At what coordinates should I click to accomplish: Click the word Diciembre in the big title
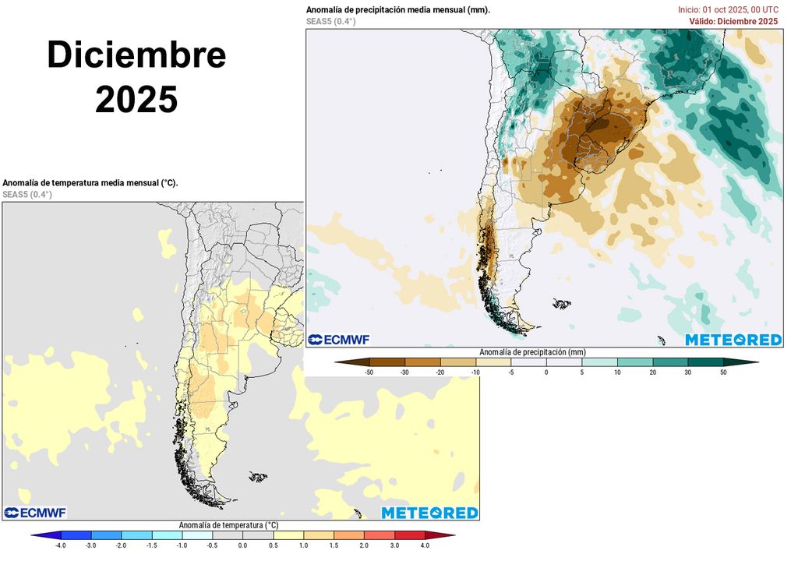[136, 55]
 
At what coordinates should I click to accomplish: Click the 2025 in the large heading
[136, 100]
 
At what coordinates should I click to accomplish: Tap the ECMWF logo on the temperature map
[35, 513]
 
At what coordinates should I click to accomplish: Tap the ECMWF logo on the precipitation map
[338, 340]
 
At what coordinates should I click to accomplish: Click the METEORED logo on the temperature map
[429, 513]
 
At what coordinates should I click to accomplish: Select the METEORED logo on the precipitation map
[733, 340]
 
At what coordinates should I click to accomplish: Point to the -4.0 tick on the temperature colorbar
[61, 545]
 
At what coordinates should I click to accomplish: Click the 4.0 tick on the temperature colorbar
[425, 545]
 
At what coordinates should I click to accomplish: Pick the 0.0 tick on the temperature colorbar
[243, 545]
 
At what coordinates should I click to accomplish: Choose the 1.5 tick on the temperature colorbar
[334, 545]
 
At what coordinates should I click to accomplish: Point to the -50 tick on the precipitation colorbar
[369, 373]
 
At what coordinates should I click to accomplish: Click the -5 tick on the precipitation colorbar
[510, 373]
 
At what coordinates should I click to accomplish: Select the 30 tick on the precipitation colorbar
[688, 373]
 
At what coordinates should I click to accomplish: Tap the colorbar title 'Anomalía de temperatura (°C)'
[228, 525]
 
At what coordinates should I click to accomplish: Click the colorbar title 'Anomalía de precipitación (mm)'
[532, 352]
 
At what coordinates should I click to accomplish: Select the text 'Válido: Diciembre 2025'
[733, 21]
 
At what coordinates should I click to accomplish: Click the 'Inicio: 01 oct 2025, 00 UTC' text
[728, 9]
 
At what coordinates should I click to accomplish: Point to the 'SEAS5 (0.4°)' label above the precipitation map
[331, 21]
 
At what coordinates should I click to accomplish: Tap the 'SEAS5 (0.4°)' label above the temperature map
[27, 194]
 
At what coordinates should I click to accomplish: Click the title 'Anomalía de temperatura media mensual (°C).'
[90, 182]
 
